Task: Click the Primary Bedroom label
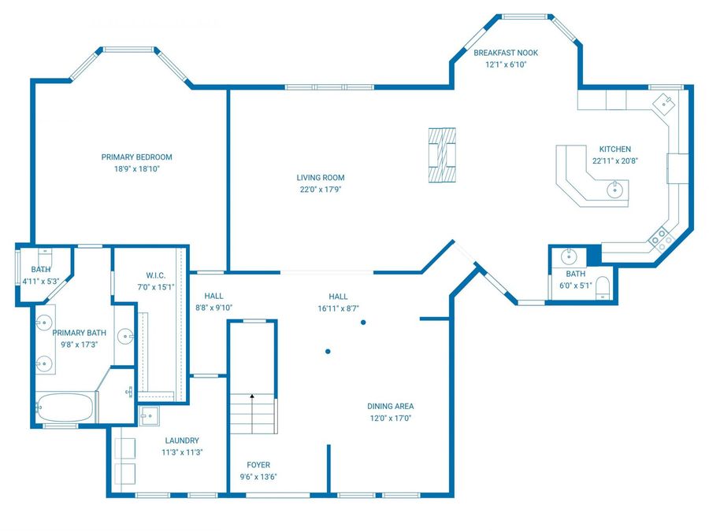136,157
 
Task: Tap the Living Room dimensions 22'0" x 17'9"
320,190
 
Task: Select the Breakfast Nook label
506,53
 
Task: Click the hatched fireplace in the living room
442,155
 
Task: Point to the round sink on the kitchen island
614,189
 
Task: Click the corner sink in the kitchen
663,105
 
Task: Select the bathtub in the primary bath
65,407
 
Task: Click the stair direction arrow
252,396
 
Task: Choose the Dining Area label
390,407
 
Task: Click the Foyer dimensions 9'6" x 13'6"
258,477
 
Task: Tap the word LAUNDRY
182,441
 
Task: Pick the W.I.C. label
155,275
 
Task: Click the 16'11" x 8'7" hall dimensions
338,308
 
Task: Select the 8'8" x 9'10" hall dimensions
213,308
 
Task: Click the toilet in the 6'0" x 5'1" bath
603,287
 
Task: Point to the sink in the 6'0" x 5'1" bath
569,256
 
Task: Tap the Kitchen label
615,149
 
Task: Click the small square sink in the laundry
149,416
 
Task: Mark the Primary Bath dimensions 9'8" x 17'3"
79,345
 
